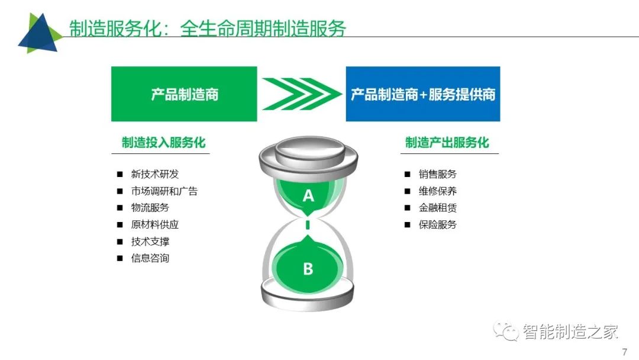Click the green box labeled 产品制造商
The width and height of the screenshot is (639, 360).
[x=184, y=94]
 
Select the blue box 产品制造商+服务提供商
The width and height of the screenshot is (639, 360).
[x=423, y=94]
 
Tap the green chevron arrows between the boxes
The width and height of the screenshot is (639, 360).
[x=302, y=94]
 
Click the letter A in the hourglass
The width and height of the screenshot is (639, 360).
[x=308, y=196]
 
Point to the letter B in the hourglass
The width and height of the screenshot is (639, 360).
[x=308, y=269]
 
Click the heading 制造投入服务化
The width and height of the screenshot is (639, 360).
[x=163, y=143]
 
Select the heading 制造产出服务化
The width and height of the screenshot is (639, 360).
[x=447, y=143]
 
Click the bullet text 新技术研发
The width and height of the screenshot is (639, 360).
[x=155, y=174]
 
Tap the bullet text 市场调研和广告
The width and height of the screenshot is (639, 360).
[x=164, y=191]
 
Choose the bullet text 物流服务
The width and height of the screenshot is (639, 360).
[x=150, y=207]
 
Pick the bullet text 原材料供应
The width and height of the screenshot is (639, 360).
[x=155, y=224]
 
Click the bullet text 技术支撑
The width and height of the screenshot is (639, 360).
[x=150, y=242]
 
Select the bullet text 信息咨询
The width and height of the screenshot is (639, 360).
[x=150, y=258]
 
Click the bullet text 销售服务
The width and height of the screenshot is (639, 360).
[x=438, y=174]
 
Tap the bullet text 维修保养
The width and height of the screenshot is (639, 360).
[x=438, y=191]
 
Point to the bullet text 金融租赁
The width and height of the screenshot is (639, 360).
[x=438, y=207]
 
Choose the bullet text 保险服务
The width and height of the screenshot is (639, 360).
[x=438, y=224]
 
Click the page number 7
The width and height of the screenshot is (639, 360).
[x=625, y=352]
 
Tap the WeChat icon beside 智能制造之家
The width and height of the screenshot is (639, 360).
[x=506, y=330]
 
